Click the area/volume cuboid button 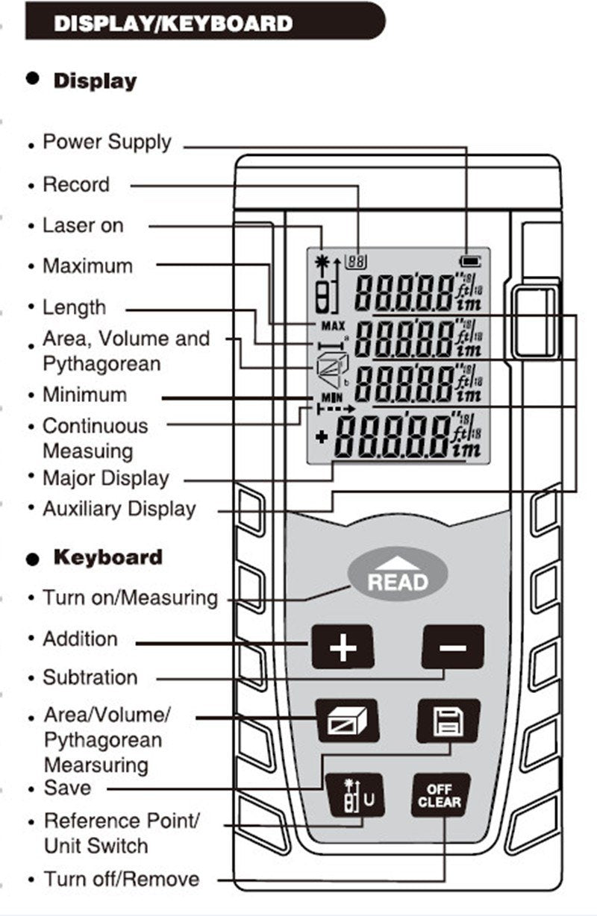coord(347,721)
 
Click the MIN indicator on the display coord(331,398)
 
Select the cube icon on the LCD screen coord(327,369)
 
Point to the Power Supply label coord(107,142)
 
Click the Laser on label coord(83,225)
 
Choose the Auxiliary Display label coord(119,509)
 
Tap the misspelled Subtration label coord(90,677)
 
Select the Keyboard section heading coord(107,557)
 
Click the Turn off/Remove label coord(122,879)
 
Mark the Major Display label coord(106,478)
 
